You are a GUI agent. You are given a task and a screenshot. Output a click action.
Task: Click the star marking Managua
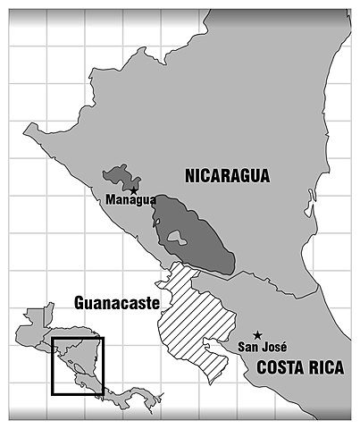(x=134, y=189)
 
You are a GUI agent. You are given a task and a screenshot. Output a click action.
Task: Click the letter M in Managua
(x=109, y=199)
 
